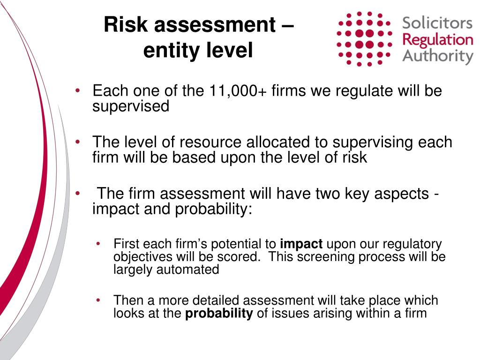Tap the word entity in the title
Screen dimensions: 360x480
pyautogui.click(x=166, y=51)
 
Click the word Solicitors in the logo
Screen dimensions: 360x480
pyautogui.click(x=437, y=23)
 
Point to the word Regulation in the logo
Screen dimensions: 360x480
pyautogui.click(x=438, y=39)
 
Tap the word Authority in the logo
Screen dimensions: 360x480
pyautogui.click(x=438, y=56)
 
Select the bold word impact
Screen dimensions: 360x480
pyautogui.click(x=301, y=244)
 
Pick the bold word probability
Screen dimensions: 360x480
pyautogui.click(x=219, y=314)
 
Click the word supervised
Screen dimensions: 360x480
pyautogui.click(x=130, y=106)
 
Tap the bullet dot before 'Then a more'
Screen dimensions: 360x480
pyautogui.click(x=98, y=300)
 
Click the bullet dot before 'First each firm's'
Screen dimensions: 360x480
pyautogui.click(x=98, y=244)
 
